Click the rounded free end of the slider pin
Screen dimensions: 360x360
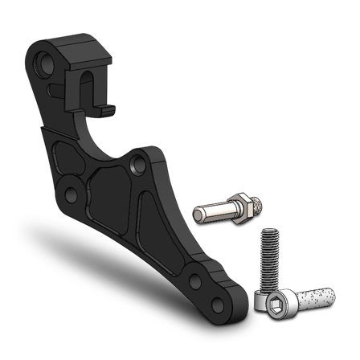198,215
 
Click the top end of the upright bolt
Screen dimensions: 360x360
268,231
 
